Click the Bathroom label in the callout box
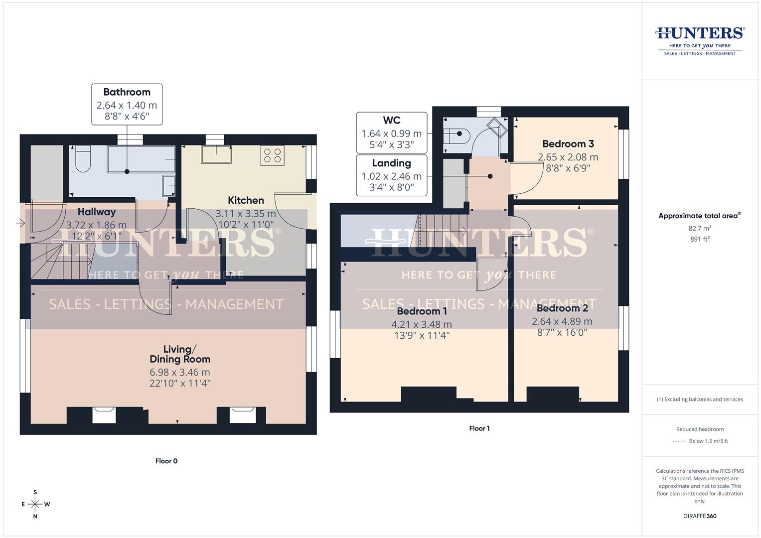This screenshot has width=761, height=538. (127, 92)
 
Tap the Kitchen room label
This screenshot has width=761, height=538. (246, 200)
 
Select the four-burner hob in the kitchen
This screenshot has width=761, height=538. (272, 155)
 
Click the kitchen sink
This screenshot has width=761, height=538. (216, 154)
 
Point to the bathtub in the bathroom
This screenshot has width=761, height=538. (141, 159)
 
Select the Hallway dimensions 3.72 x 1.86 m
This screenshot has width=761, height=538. (96, 225)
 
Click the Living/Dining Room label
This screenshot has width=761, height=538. (180, 354)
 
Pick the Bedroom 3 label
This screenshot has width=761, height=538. (568, 144)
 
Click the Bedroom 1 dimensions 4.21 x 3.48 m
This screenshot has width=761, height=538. (422, 324)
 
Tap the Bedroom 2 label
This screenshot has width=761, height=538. (562, 308)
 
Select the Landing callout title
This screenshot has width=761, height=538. (391, 163)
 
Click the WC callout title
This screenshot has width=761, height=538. (391, 121)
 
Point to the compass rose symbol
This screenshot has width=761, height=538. (35, 504)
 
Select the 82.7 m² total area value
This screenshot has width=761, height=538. (700, 228)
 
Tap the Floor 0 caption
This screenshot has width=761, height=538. (166, 461)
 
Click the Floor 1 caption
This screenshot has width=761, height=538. (479, 428)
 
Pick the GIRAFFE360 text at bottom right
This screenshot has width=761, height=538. (700, 516)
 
